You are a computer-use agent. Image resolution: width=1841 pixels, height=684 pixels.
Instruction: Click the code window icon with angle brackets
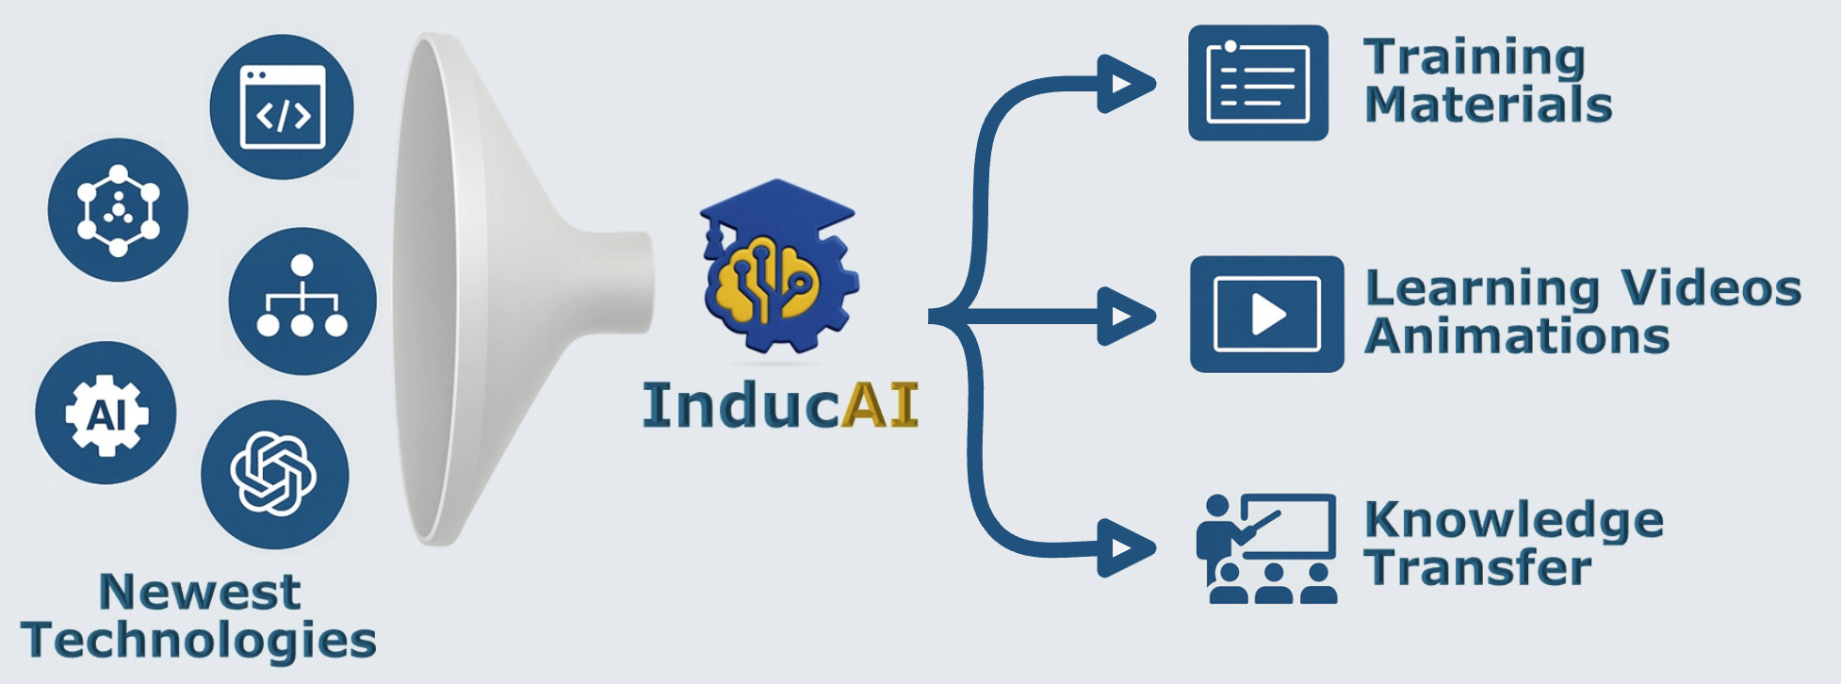[x=282, y=107]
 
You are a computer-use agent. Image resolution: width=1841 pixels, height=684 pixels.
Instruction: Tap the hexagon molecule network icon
[x=118, y=210]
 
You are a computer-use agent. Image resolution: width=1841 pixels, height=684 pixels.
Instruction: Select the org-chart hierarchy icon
[x=302, y=301]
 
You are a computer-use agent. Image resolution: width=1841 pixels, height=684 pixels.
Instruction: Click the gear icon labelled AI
[x=106, y=414]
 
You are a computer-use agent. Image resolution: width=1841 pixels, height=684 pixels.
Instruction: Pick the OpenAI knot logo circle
[x=274, y=474]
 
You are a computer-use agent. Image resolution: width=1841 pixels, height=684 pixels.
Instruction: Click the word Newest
[x=200, y=593]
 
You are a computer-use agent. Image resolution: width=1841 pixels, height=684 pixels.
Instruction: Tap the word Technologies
[x=199, y=641]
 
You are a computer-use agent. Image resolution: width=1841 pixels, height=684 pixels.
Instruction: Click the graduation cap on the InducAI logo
[x=776, y=212]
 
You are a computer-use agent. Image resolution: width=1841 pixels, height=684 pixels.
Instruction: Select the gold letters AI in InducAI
[x=880, y=405]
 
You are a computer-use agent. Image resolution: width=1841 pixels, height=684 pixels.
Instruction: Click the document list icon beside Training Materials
[x=1258, y=84]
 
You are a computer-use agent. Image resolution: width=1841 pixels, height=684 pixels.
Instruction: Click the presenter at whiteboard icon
[x=1266, y=547]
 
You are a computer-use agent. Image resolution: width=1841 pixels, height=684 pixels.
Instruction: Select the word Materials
[x=1488, y=105]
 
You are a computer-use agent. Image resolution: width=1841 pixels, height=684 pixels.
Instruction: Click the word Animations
[x=1517, y=336]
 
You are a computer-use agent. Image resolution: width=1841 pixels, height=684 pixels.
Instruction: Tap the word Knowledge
[x=1513, y=521]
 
